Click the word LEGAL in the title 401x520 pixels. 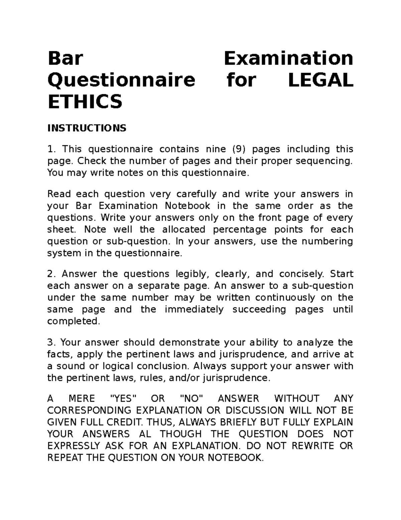click(320, 80)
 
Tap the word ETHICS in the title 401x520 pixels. click(85, 101)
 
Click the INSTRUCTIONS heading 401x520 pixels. click(87, 128)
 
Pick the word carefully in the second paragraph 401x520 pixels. click(196, 194)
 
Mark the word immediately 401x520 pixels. click(194, 309)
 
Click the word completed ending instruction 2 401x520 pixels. click(74, 321)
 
